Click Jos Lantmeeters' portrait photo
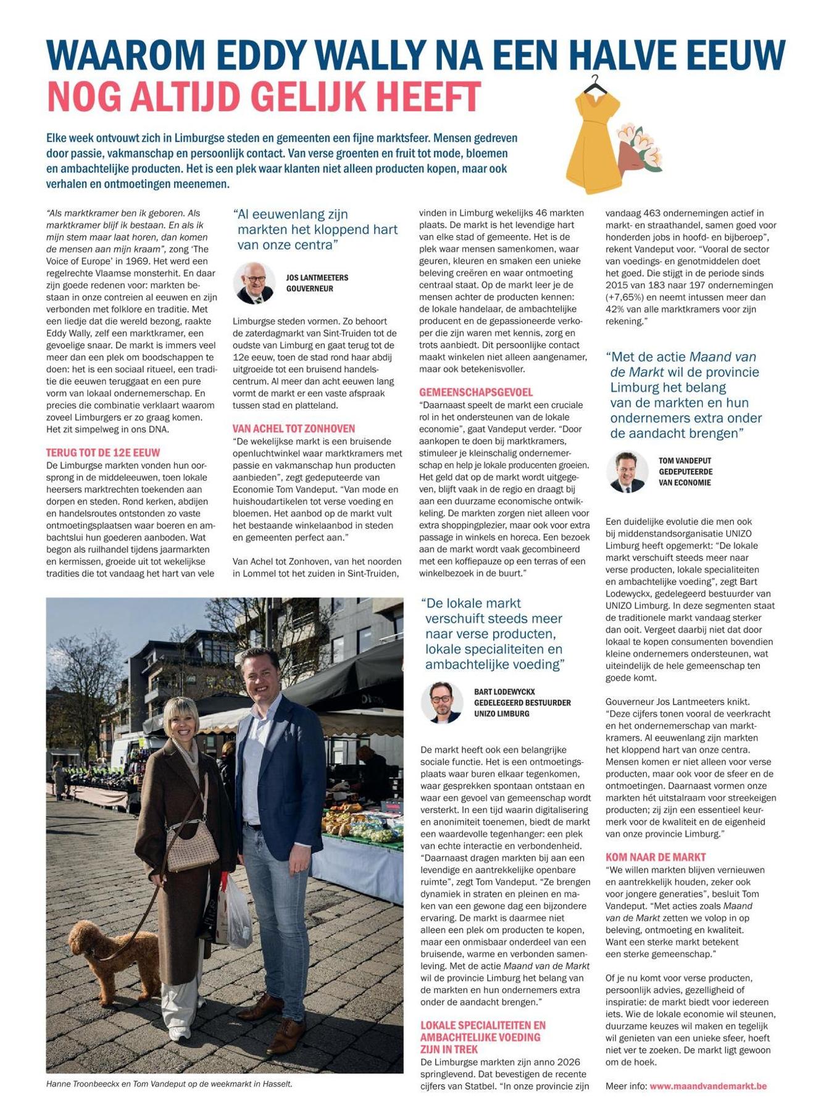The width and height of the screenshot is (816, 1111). pos(254,283)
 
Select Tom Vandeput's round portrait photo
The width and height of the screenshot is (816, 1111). pos(627,472)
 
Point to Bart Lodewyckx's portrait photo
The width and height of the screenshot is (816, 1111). pos(442,702)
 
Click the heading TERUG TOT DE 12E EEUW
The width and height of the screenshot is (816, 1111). pos(102,452)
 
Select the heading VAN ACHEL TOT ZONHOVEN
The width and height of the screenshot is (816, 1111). pos(293,428)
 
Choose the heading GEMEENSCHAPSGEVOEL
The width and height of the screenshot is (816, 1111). pos(475,392)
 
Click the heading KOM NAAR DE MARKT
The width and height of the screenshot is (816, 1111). pos(656,857)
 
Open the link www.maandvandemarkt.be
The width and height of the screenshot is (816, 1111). pos(708,1086)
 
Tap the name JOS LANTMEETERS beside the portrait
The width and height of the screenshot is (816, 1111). pos(317,278)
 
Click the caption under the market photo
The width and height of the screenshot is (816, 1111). pos(169,1084)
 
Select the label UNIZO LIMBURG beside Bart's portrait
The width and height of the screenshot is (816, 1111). pos(501,714)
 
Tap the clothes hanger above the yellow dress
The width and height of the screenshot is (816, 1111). pos(595,83)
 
